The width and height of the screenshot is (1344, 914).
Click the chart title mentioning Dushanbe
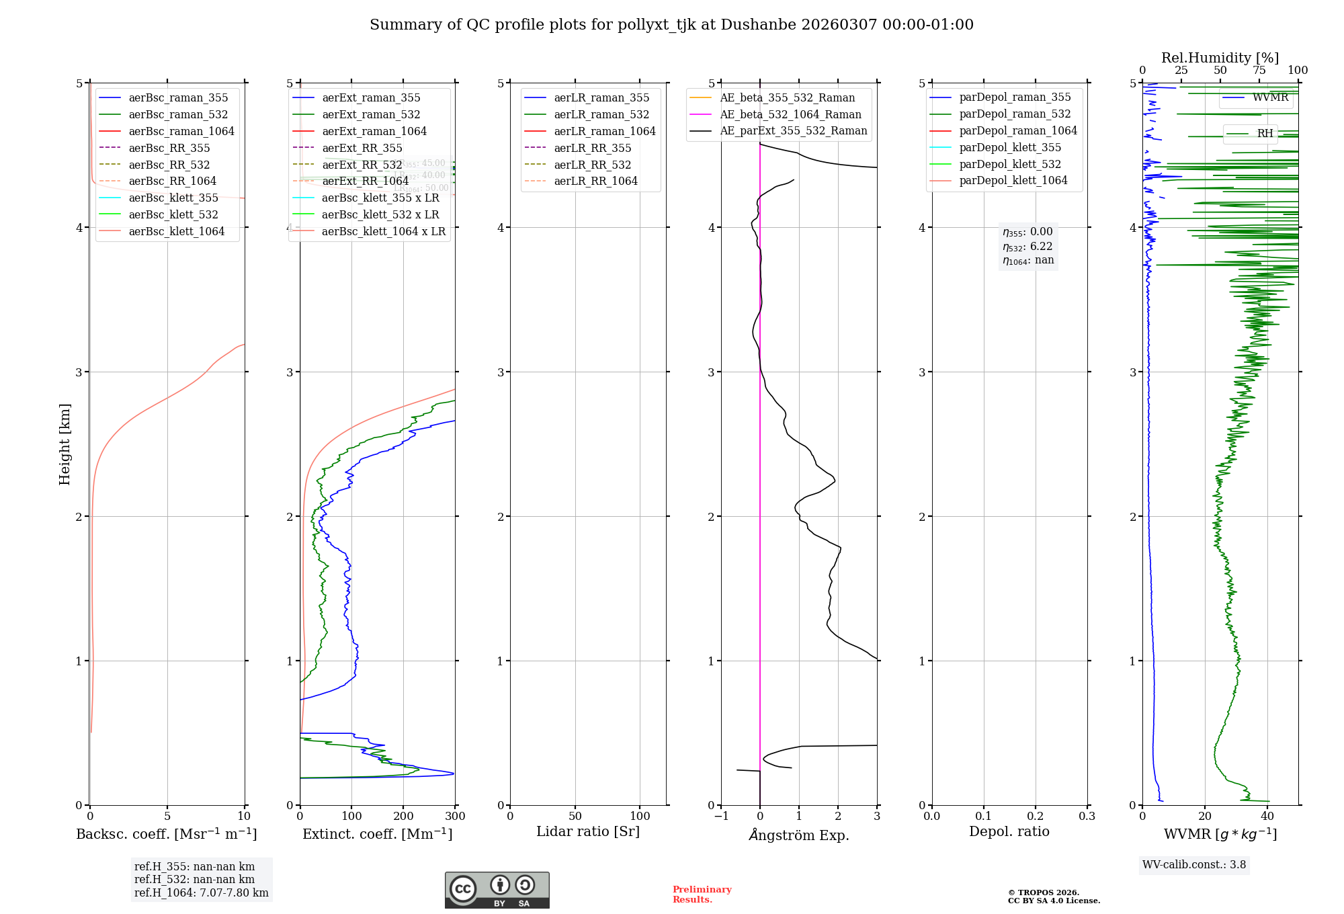tap(671, 25)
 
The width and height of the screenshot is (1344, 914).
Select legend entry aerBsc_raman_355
tap(178, 98)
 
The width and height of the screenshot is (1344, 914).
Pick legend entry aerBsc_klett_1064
tap(176, 231)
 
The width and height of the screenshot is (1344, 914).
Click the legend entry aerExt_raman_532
tap(371, 115)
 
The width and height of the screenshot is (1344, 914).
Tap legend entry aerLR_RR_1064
tap(595, 181)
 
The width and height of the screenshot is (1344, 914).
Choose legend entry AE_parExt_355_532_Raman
tap(793, 131)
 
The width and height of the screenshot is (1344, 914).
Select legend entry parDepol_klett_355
tap(1010, 148)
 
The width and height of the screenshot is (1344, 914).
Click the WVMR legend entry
tap(1270, 98)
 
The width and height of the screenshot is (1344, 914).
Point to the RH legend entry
tap(1265, 134)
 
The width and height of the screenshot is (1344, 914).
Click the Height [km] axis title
tap(65, 444)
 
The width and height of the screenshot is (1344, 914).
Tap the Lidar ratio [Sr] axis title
tap(588, 832)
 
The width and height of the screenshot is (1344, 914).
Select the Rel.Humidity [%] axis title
tap(1220, 58)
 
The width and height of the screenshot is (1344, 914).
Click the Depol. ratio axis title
tap(1009, 832)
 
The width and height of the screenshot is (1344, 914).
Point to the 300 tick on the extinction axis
tap(455, 817)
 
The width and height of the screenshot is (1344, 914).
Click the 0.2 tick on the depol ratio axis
tap(1036, 817)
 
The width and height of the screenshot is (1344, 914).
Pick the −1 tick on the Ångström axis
tap(721, 817)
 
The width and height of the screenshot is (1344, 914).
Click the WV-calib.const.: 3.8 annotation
tap(1193, 865)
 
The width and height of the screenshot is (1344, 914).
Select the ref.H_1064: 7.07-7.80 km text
tap(201, 893)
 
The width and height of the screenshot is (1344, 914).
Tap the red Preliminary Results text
tap(702, 895)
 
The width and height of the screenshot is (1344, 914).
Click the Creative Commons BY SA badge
tap(497, 890)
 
